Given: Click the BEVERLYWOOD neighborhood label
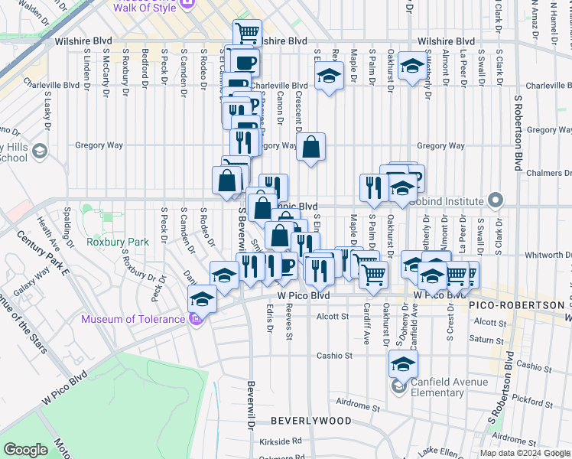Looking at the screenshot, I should pos(310,421).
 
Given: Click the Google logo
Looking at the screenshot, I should pos(25,450).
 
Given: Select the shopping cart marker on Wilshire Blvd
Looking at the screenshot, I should pos(247,34).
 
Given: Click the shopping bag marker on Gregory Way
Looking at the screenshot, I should pos(311,148).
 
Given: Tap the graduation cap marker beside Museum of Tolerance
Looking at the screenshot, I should pos(202,299).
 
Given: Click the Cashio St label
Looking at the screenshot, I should pos(335,356).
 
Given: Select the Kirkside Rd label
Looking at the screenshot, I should pos(280,441).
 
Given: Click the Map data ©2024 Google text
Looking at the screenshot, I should pos(524,453).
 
